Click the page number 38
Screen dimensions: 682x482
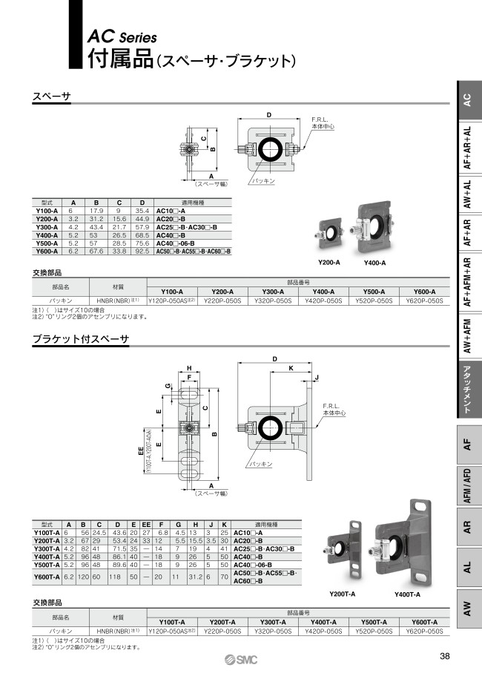coord(444,656)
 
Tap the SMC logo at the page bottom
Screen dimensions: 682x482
coord(241,662)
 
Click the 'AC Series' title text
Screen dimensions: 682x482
coord(122,35)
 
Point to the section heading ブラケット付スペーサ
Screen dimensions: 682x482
coord(81,339)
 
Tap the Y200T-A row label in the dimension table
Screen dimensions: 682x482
coord(48,540)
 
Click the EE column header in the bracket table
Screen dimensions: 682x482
coord(146,524)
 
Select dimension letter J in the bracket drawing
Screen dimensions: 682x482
coord(317,378)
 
